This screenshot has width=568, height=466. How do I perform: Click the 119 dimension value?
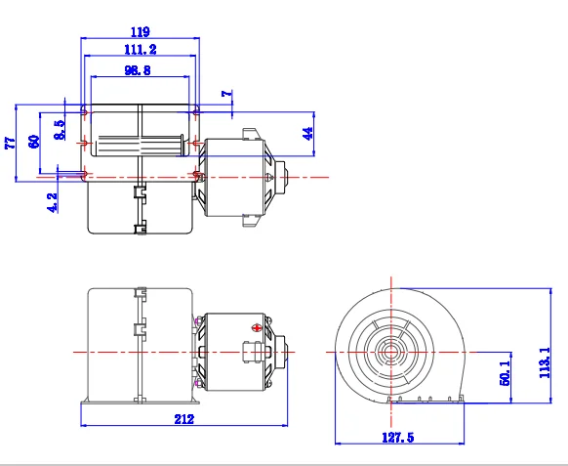[x=141, y=32]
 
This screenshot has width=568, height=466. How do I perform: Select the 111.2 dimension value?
[x=141, y=49]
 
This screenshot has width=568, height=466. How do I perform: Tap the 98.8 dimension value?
[x=138, y=70]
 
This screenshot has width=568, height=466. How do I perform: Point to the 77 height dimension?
[x=11, y=143]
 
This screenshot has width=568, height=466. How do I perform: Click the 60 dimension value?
[x=34, y=142]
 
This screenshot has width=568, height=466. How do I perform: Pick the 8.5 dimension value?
[x=60, y=130]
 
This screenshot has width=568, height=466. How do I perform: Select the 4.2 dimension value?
[x=53, y=202]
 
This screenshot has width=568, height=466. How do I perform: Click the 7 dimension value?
[x=227, y=93]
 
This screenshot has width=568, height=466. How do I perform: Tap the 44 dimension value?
[x=307, y=134]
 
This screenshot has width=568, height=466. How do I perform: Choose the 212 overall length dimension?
[x=184, y=419]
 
